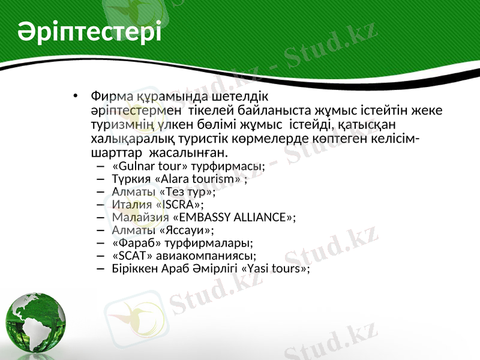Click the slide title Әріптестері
89,31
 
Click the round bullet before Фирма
74,97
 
